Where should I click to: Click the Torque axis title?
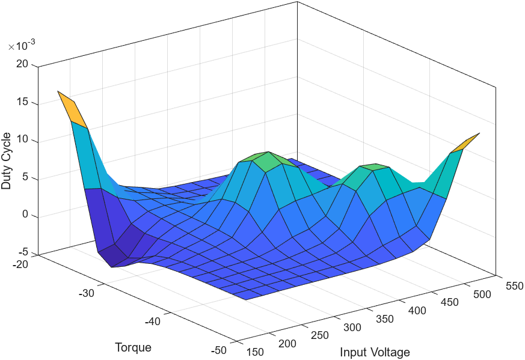pyautogui.click(x=133, y=348)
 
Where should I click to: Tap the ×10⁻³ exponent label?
pyautogui.click(x=21, y=47)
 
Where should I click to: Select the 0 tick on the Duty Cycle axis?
pyautogui.click(x=25, y=216)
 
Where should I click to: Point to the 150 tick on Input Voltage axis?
pyautogui.click(x=256, y=352)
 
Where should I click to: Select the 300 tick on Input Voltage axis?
pyautogui.click(x=352, y=328)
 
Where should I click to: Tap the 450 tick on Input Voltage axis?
pyautogui.click(x=448, y=302)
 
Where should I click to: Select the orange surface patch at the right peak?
pyautogui.click(x=465, y=142)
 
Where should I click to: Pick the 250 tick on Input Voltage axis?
pyautogui.click(x=320, y=336)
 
